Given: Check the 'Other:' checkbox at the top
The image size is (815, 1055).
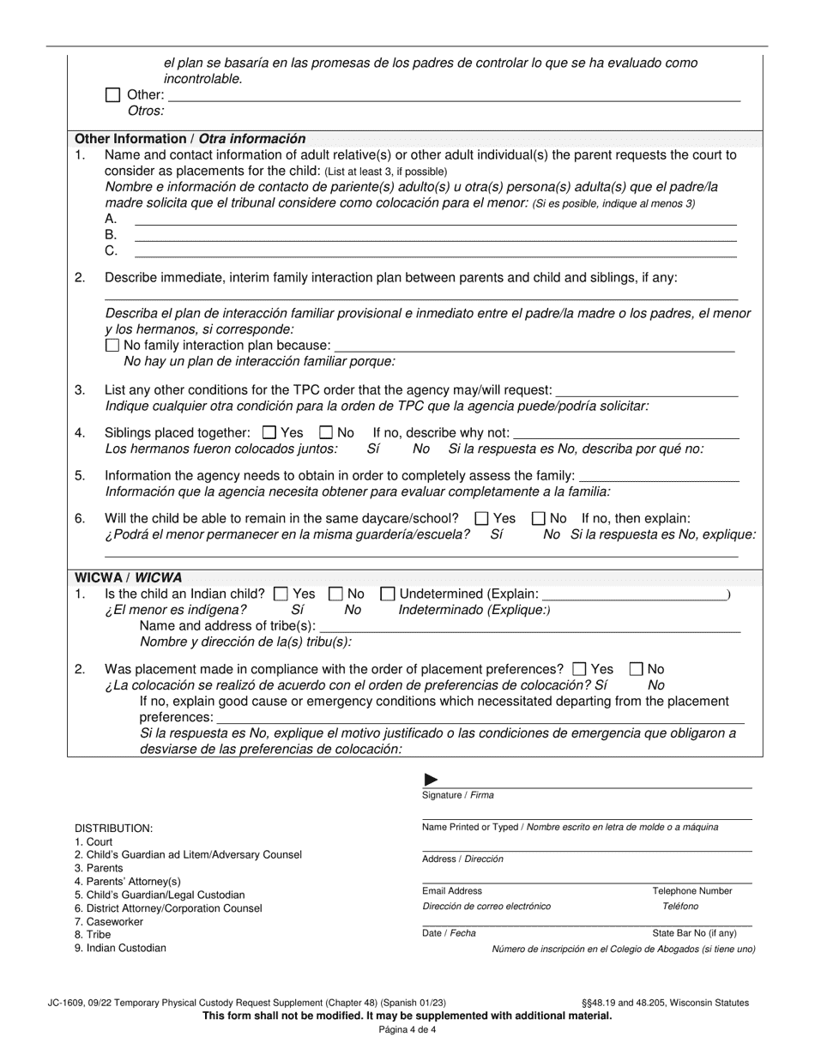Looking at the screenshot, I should coord(112,95).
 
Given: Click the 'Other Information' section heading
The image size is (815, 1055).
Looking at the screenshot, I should coord(190,138).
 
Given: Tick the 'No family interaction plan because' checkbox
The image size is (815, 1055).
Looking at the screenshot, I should coord(112,345).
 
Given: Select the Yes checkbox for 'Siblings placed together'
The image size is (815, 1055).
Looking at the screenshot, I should coord(269,433).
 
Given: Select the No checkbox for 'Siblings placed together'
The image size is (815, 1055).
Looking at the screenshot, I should coord(326,433).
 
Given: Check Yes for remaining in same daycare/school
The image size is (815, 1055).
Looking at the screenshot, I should coord(482,518).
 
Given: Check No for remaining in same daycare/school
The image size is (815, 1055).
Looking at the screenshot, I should coord(539,518).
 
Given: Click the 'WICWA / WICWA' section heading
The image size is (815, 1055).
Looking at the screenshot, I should coord(129,577).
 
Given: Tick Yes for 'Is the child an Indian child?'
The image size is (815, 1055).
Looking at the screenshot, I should coord(281,594).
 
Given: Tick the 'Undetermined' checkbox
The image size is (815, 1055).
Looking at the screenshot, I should coord(388,594).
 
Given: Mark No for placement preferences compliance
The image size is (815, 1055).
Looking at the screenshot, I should coord(637,669).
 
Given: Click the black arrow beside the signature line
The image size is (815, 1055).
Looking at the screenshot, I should coord(432,780).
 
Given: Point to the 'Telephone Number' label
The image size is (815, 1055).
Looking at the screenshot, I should coord(692,891).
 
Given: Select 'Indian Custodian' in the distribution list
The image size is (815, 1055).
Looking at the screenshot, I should coord(120,948).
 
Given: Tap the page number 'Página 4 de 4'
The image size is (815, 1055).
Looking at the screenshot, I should coord(407,1030).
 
